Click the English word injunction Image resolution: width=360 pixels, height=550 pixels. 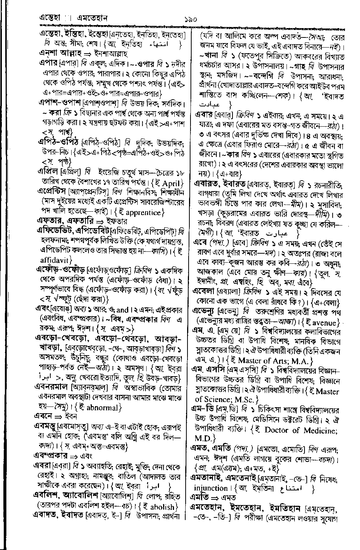(x=211, y=488)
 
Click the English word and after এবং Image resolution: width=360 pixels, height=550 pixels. (x=123, y=310)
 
